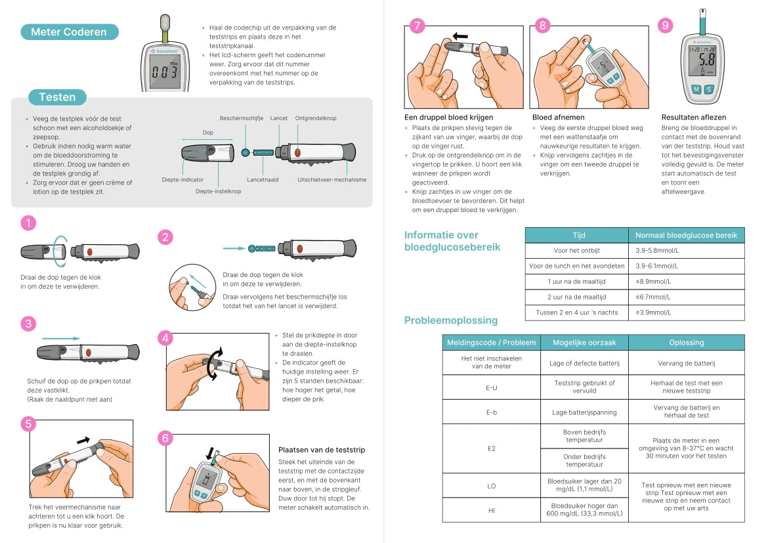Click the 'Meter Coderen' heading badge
(69, 32)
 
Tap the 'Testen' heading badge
(57, 97)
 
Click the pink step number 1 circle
(28, 223)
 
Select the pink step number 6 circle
(166, 437)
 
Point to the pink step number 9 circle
(666, 26)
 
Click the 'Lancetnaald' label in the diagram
(263, 179)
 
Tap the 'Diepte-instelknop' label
(218, 191)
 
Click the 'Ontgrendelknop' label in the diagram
(316, 118)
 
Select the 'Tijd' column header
(578, 235)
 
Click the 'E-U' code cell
(491, 387)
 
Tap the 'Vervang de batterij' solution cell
(686, 363)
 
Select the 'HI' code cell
(491, 510)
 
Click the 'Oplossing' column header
(686, 342)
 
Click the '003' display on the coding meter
(163, 72)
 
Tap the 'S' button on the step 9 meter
(709, 89)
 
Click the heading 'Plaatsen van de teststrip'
(322, 450)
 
